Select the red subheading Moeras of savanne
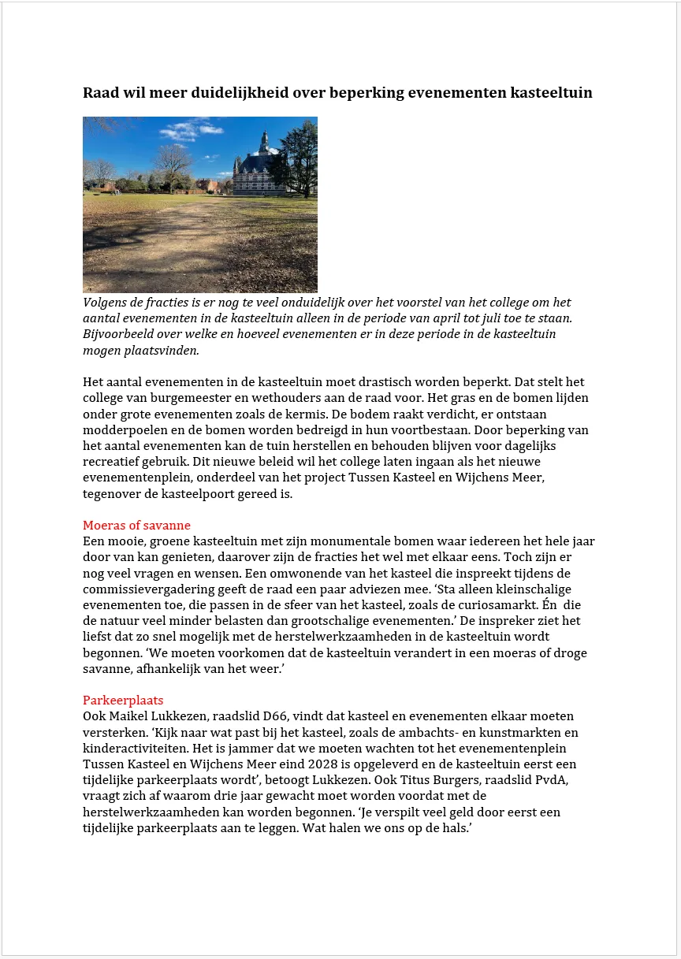click(136, 526)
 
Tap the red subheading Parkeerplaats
click(123, 700)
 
